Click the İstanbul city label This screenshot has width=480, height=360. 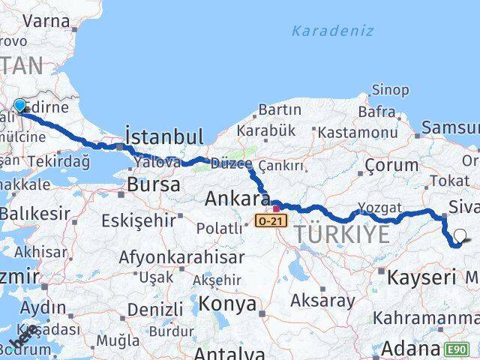tap(164, 136)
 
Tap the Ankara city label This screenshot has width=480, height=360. tap(237, 200)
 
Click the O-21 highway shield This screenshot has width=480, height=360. tap(271, 221)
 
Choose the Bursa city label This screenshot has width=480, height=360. tap(154, 184)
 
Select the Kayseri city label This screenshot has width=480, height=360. tap(421, 277)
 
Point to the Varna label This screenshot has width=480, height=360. tap(46, 20)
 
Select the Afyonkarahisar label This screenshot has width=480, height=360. tap(181, 257)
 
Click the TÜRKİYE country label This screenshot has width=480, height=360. tap(341, 234)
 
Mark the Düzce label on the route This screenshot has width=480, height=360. tap(231, 163)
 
